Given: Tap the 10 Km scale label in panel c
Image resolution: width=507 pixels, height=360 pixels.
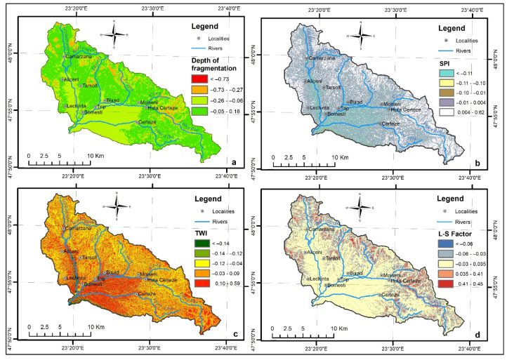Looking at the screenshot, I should (x=97, y=327).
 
